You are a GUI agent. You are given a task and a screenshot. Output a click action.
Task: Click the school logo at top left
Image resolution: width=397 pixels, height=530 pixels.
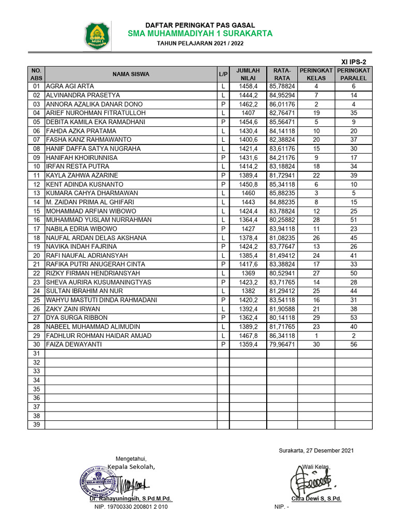[97, 35]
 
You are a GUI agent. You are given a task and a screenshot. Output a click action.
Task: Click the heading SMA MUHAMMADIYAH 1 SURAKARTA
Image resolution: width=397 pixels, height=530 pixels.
[201, 34]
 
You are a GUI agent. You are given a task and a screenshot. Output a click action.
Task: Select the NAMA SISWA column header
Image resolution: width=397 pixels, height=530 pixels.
[131, 74]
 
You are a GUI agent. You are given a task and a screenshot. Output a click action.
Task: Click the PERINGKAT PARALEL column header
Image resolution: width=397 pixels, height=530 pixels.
[353, 74]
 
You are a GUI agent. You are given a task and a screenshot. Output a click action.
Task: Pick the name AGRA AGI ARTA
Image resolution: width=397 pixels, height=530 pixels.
[70, 86]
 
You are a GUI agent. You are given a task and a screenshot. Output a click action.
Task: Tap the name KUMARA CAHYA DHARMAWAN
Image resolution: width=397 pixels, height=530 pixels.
[88, 193]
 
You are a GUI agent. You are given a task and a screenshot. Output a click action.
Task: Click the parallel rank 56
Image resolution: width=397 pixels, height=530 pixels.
[354, 345]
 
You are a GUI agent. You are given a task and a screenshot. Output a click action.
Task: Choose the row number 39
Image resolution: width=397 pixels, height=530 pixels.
[36, 425]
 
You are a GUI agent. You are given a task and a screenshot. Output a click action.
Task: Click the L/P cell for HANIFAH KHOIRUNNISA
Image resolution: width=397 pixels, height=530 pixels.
[223, 158]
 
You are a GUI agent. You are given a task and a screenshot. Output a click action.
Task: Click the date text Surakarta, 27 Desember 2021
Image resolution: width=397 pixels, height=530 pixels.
[316, 451]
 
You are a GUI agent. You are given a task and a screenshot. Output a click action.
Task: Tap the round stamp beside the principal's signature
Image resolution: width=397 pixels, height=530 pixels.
[98, 483]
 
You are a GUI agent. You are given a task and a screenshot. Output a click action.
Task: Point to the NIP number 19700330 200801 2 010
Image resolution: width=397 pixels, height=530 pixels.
[131, 507]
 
